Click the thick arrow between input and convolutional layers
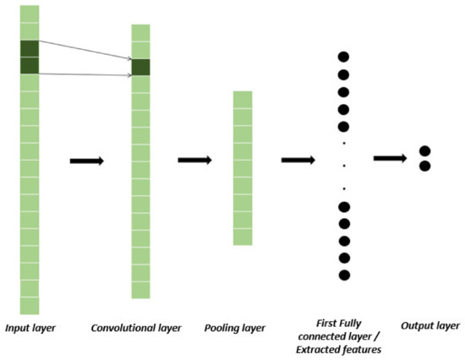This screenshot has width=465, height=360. [86, 161]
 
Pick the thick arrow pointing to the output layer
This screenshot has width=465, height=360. [391, 157]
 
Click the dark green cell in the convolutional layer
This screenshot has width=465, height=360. [140, 67]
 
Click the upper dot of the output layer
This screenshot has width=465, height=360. [425, 150]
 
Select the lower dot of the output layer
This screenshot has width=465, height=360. [425, 166]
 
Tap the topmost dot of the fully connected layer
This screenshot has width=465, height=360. [344, 57]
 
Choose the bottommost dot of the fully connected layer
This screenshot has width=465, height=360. [344, 275]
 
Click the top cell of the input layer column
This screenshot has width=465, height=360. [30, 14]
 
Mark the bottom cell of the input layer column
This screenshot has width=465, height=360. [30, 305]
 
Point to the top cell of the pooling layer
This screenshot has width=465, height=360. [243, 98]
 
